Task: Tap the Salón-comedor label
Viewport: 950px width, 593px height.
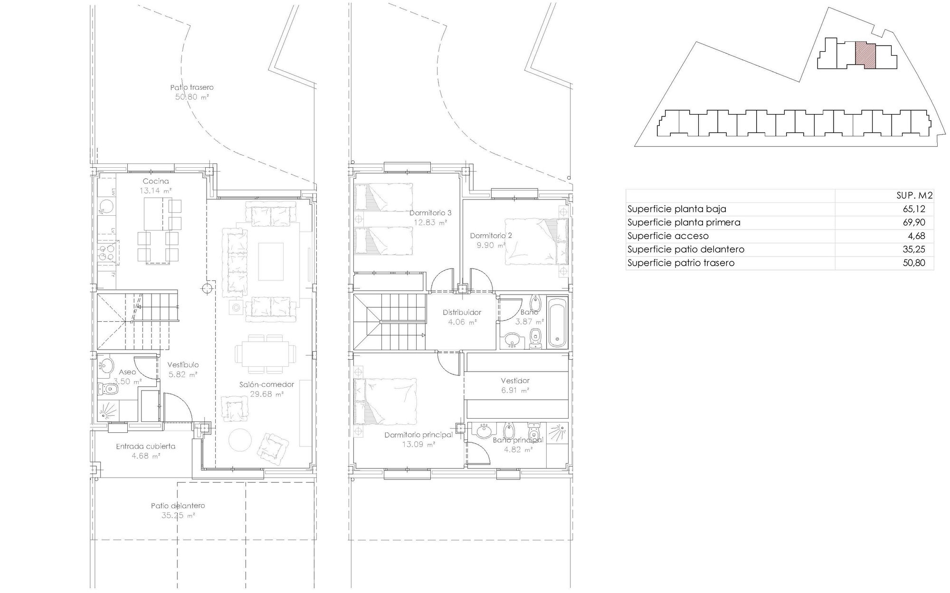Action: [x=266, y=384]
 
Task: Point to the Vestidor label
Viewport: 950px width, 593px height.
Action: [x=515, y=381]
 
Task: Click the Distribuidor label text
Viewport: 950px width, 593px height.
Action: [x=462, y=312]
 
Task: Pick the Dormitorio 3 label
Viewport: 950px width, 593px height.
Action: [x=430, y=213]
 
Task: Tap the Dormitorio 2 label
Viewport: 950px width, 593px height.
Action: [x=491, y=235]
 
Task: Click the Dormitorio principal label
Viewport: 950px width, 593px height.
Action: [x=418, y=435]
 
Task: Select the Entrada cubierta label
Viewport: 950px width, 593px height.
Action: [x=146, y=446]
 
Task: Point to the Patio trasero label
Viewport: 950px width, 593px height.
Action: [x=192, y=87]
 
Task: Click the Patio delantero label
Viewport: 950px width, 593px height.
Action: [x=178, y=506]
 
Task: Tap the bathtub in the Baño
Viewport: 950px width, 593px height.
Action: [x=558, y=322]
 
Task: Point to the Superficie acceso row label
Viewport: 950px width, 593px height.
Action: [x=668, y=236]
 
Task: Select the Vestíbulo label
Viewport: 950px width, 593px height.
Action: [x=183, y=365]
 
